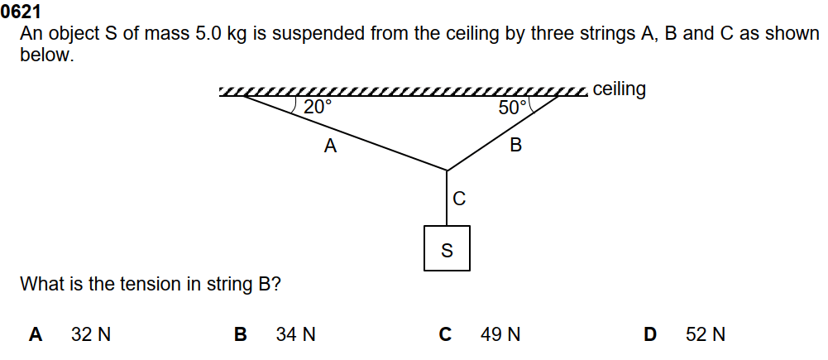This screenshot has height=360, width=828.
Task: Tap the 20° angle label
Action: pos(317,108)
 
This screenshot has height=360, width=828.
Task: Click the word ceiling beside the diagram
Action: pos(620,89)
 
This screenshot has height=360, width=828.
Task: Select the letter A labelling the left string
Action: pos(331,147)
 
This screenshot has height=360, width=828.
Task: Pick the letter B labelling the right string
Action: pos(516,146)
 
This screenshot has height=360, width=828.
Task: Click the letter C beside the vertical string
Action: pos(460,199)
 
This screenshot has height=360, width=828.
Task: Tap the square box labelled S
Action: pos(447,248)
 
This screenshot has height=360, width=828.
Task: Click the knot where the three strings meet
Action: pos(448,170)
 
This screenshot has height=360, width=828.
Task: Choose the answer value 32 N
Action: pos(91,335)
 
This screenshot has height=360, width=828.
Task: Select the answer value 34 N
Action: pos(296,335)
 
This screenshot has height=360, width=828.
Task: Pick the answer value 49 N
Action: pos(500,335)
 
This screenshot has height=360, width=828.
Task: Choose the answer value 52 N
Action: pos(706,335)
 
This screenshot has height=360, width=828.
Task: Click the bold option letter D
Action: pos(650,335)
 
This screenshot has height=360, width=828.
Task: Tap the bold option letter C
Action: pos(445,335)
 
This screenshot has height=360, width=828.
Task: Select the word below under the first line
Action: pos(46,56)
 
